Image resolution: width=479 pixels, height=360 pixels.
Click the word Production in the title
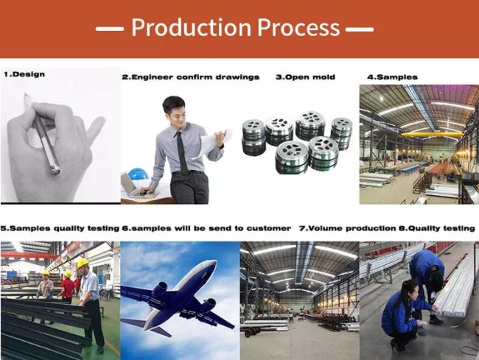192,27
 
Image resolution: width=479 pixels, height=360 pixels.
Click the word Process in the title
298,27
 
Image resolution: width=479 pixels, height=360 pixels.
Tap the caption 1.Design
24,74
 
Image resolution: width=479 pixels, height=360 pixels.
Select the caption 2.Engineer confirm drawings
191,77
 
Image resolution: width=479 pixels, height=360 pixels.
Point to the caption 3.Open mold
305,77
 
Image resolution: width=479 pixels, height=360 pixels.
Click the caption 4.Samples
392,77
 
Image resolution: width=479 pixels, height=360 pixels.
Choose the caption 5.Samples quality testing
60,228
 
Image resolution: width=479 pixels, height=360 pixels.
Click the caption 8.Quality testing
437,228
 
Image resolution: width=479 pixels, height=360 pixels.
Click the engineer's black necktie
182,151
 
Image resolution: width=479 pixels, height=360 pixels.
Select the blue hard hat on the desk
138,174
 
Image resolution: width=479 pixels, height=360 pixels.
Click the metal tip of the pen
56,170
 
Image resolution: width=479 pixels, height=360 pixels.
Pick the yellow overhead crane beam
432,134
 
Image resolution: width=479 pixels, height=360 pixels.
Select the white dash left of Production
110,29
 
